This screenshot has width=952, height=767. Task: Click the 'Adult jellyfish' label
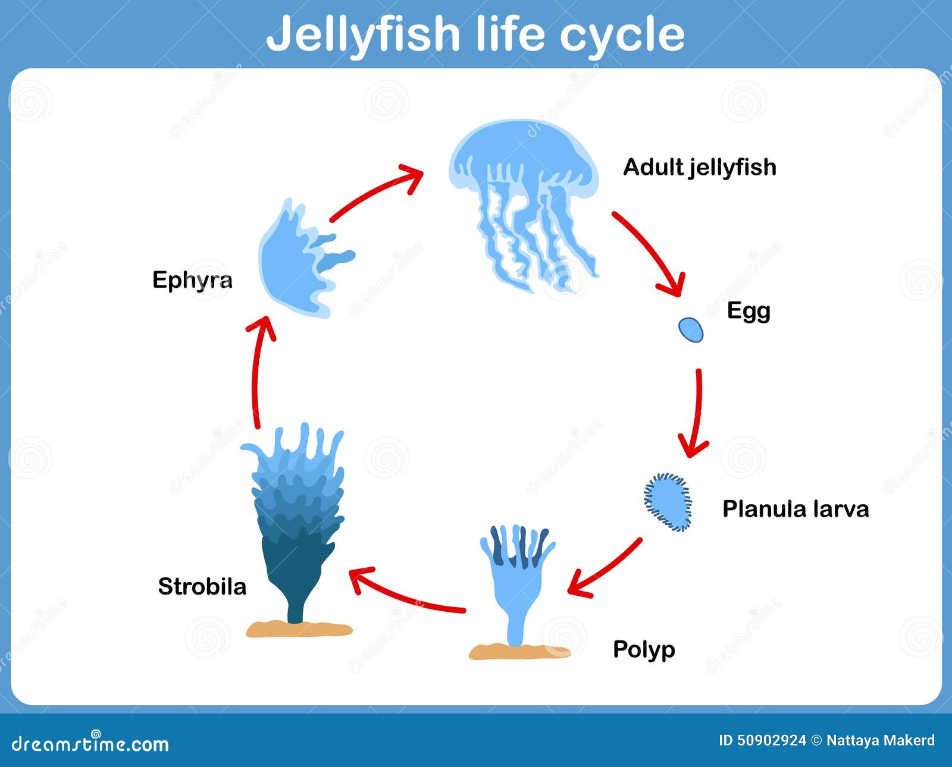[699, 168]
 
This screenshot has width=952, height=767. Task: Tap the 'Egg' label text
[749, 312]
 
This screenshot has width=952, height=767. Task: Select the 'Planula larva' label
[796, 509]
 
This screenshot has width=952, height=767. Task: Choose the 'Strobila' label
[202, 587]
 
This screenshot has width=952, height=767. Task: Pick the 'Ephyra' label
[192, 280]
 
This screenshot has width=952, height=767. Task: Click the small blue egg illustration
[691, 330]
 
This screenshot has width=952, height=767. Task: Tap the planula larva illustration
[668, 502]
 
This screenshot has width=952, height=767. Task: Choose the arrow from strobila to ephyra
[255, 372]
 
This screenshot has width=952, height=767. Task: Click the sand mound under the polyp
[519, 652]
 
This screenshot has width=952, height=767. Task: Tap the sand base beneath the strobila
[299, 628]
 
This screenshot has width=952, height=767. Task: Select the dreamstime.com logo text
[90, 743]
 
